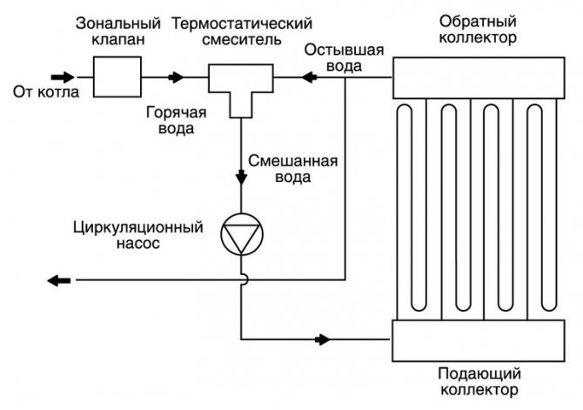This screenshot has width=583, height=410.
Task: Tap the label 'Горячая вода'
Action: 170,121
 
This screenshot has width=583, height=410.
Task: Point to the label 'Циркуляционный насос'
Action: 139,236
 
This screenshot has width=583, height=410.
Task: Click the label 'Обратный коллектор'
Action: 478,29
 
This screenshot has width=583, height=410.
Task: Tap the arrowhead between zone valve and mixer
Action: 178,77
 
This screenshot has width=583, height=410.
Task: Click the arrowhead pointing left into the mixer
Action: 306,77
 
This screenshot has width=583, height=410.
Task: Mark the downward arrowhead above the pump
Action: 241,178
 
